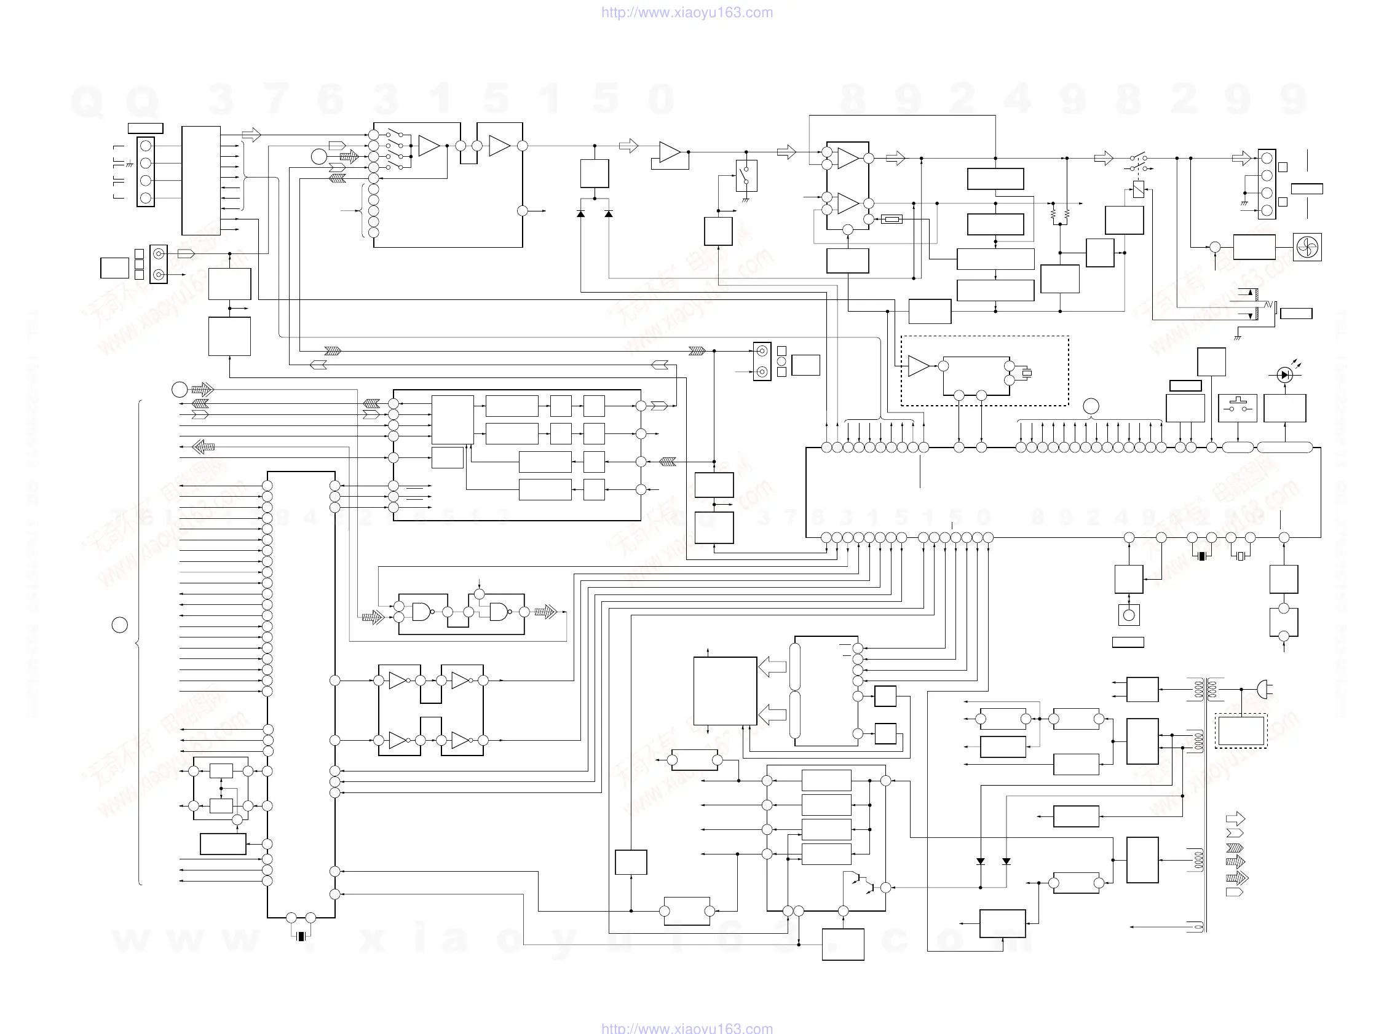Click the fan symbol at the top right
(x=1307, y=247)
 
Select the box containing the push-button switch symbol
(x=1237, y=408)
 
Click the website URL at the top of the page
(x=687, y=12)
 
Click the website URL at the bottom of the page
(x=687, y=1028)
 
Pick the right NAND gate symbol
(x=499, y=612)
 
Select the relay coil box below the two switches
(x=1139, y=189)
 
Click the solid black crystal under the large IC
(x=1202, y=556)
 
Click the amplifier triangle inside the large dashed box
(x=918, y=366)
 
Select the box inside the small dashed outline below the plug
(x=1241, y=730)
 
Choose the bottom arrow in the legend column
(x=1234, y=892)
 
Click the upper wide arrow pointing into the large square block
(x=773, y=667)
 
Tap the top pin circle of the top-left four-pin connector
(x=146, y=146)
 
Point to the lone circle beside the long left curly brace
(x=119, y=625)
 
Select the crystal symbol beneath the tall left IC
(x=301, y=936)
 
